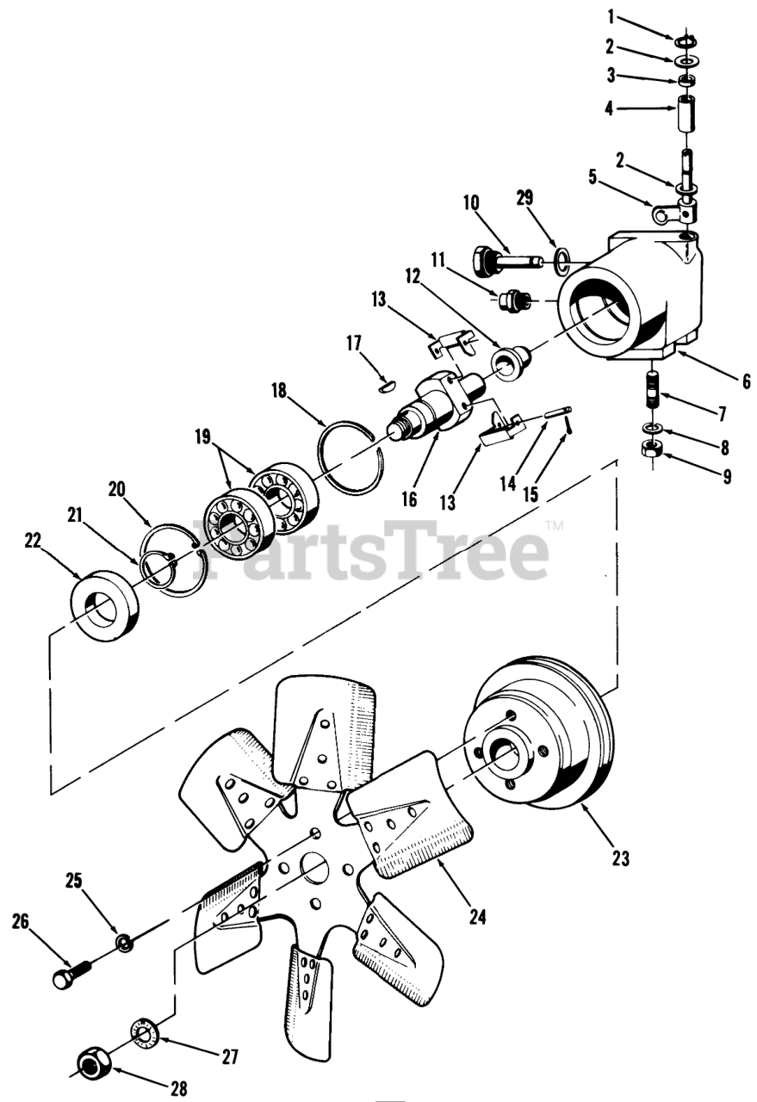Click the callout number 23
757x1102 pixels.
click(x=621, y=858)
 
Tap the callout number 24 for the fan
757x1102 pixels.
click(x=477, y=918)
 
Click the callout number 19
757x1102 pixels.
click(x=202, y=436)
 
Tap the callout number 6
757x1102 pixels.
click(x=746, y=381)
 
